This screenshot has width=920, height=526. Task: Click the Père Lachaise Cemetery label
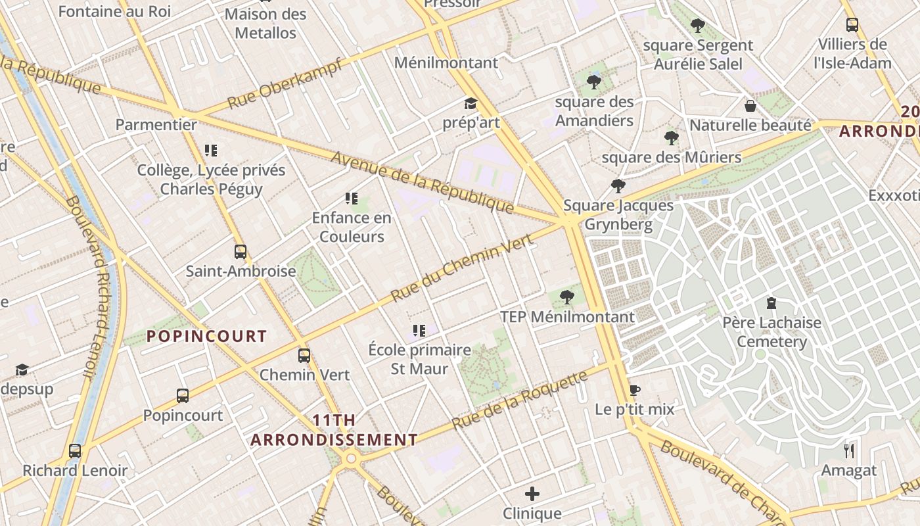click(x=771, y=332)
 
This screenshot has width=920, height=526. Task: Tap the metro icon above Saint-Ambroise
click(x=241, y=251)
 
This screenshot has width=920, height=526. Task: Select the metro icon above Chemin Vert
click(x=304, y=356)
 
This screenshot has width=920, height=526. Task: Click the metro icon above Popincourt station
click(x=183, y=396)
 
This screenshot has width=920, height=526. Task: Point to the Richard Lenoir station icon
click(x=75, y=451)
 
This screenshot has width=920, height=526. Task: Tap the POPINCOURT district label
click(x=206, y=337)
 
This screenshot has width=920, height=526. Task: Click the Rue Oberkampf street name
click(x=285, y=84)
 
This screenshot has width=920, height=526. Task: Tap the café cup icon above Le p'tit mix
click(x=634, y=390)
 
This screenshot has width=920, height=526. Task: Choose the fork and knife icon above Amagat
click(x=849, y=450)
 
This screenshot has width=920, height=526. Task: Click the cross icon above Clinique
click(x=532, y=493)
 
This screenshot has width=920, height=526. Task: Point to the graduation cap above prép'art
click(x=471, y=103)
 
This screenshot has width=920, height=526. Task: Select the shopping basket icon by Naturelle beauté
click(x=750, y=106)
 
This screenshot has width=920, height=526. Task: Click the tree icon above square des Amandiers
click(x=594, y=82)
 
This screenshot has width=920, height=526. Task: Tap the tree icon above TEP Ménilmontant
click(x=567, y=297)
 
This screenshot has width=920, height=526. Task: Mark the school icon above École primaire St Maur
click(x=419, y=330)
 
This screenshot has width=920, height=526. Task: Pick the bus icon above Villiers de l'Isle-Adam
click(x=852, y=25)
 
